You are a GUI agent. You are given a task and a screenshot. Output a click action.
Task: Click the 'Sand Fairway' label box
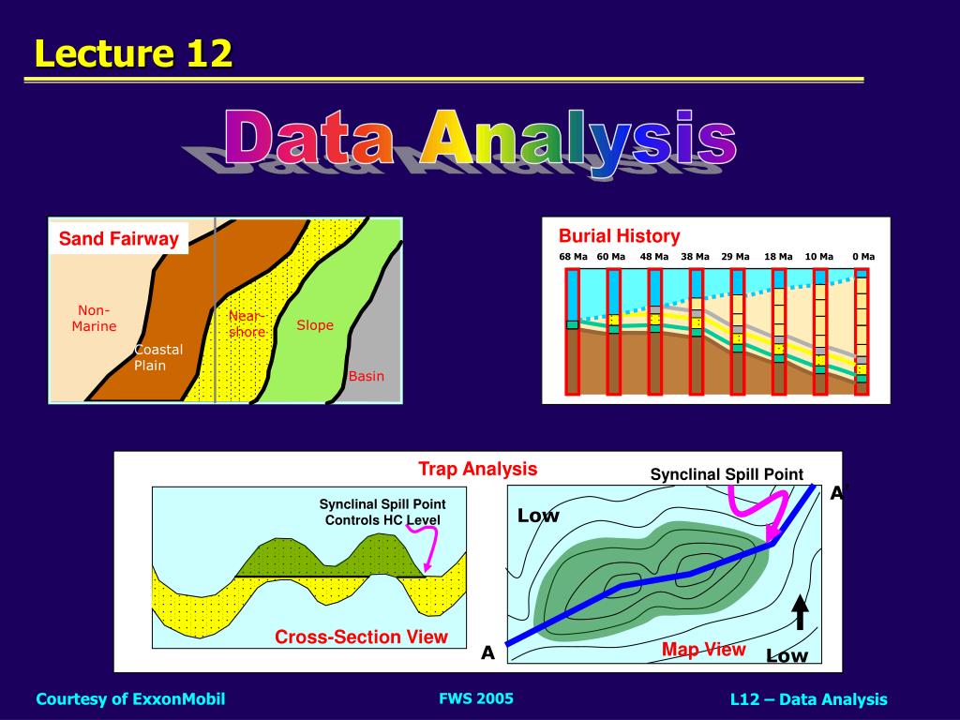pyautogui.click(x=118, y=239)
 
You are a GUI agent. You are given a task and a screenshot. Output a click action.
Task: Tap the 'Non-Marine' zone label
pyautogui.click(x=94, y=318)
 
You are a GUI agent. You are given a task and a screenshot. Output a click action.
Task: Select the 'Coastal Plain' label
pyautogui.click(x=157, y=357)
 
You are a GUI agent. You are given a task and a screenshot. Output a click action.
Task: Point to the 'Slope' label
pyautogui.click(x=315, y=325)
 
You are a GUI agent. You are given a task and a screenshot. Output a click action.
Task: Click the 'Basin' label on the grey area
pyautogui.click(x=367, y=376)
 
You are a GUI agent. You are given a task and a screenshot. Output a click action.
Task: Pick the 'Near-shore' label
pyautogui.click(x=247, y=323)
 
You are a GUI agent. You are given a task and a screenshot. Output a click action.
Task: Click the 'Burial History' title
pyautogui.click(x=619, y=236)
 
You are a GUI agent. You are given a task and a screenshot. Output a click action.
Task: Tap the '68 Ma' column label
pyautogui.click(x=573, y=257)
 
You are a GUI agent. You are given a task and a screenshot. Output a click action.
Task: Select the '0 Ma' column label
pyautogui.click(x=862, y=257)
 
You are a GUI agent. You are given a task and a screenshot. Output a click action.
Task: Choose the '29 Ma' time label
pyautogui.click(x=735, y=257)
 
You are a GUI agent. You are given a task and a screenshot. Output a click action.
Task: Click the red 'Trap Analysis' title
pyautogui.click(x=477, y=469)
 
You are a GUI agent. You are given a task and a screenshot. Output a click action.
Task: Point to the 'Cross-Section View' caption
pyautogui.click(x=361, y=637)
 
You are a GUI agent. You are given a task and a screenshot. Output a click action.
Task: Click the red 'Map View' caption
pyautogui.click(x=703, y=650)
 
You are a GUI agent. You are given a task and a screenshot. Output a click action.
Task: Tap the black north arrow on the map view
pyautogui.click(x=801, y=612)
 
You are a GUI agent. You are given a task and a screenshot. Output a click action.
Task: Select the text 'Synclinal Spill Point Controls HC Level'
pyautogui.click(x=382, y=512)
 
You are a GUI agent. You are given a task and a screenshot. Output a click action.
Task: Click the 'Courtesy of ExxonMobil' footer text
pyautogui.click(x=130, y=698)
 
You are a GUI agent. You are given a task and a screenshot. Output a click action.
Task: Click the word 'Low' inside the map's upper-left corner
pyautogui.click(x=538, y=516)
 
